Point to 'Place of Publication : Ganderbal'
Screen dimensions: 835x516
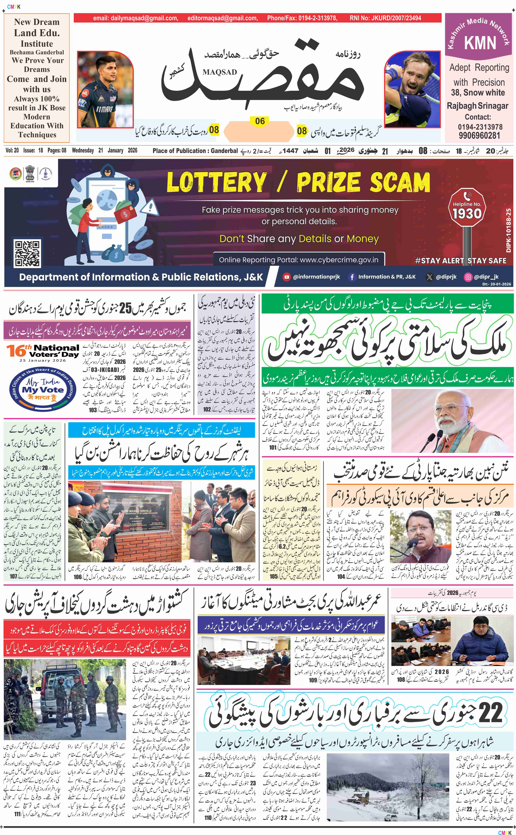tap(195, 151)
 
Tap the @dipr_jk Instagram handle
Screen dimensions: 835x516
tap(486, 277)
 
